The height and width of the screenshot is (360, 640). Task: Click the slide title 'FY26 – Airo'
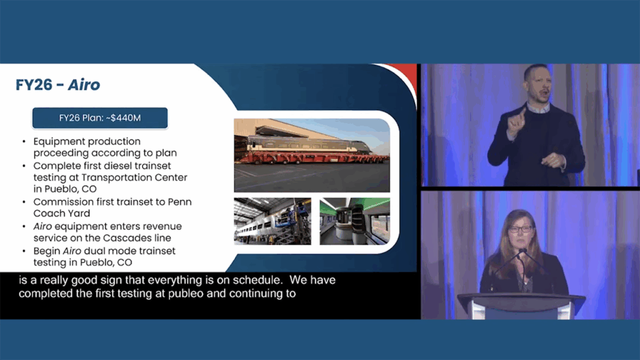tap(57, 85)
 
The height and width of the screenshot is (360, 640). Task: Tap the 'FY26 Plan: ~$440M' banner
tap(100, 118)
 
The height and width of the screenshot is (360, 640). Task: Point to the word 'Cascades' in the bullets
tap(124, 237)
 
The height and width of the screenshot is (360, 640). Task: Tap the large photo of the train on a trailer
tap(312, 155)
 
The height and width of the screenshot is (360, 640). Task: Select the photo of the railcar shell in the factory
tap(272, 221)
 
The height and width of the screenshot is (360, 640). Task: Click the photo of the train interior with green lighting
tap(355, 221)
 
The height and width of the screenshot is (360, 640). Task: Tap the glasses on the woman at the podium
tap(521, 229)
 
